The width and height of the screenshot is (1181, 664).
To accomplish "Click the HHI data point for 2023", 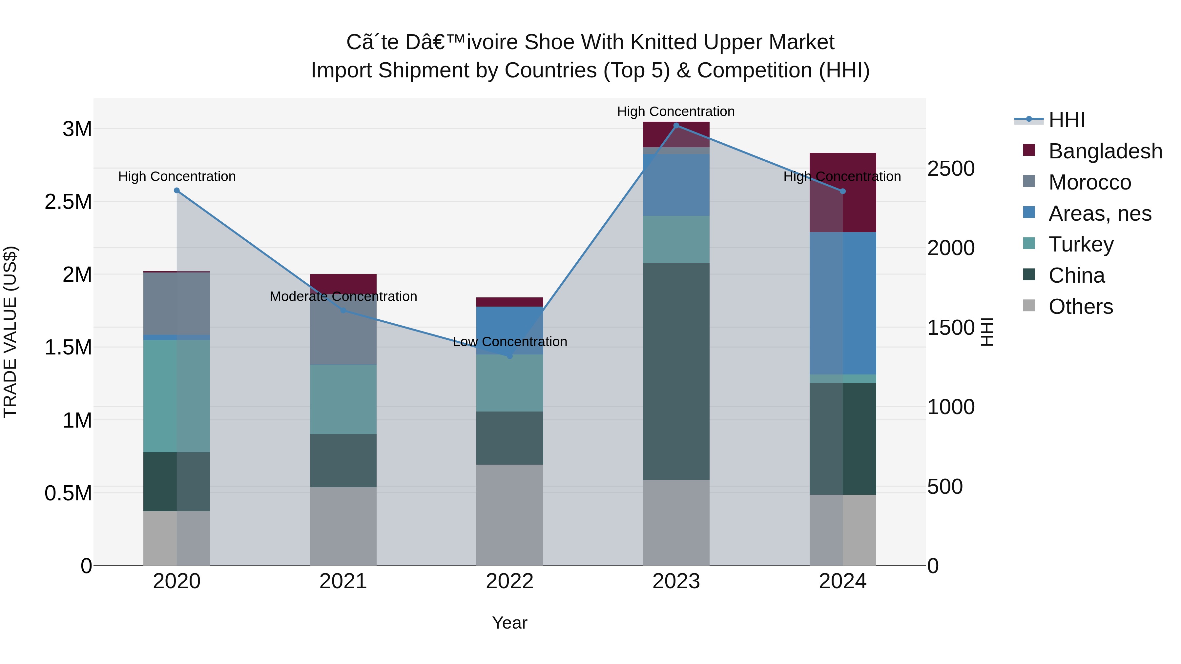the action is [x=676, y=126].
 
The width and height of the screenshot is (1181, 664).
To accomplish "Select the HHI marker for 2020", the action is [x=177, y=191].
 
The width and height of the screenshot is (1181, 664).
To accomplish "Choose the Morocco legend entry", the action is [x=1077, y=182].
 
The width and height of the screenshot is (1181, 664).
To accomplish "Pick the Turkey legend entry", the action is [x=1068, y=244].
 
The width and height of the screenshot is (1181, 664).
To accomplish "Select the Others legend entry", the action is [x=1068, y=307].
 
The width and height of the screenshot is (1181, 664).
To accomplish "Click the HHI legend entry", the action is [x=1050, y=120].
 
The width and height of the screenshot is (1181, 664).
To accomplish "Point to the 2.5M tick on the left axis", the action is [x=68, y=202].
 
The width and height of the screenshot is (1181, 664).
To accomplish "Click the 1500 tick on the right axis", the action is [x=951, y=328].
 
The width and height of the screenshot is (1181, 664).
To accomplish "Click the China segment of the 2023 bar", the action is [x=676, y=372].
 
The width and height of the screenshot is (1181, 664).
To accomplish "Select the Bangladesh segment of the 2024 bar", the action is [x=843, y=192].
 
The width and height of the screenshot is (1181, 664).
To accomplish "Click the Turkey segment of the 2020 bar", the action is [x=177, y=396].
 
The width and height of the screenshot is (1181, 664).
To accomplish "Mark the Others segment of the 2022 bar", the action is [x=509, y=515].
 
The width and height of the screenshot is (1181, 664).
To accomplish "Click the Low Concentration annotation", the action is [x=510, y=342].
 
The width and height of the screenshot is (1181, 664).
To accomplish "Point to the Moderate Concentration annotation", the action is [x=343, y=296].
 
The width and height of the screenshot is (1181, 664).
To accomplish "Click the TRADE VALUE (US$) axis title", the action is [x=10, y=332].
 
